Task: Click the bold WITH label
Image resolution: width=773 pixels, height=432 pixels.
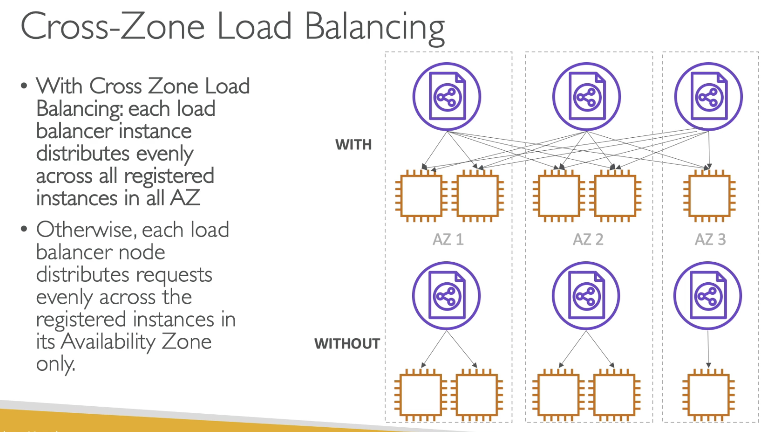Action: pyautogui.click(x=353, y=144)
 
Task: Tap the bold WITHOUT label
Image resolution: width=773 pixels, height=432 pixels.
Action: pyautogui.click(x=347, y=343)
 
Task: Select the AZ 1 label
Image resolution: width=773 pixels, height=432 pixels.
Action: pyautogui.click(x=448, y=239)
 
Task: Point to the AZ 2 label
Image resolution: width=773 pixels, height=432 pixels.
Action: pyautogui.click(x=588, y=239)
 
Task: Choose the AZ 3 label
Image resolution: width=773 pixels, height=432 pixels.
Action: pyautogui.click(x=710, y=239)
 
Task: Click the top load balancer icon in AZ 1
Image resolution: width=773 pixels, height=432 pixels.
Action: pyautogui.click(x=447, y=97)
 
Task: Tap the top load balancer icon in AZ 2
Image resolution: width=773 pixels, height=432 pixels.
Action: pyautogui.click(x=587, y=97)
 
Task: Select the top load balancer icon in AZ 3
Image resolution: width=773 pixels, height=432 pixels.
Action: pyautogui.click(x=708, y=97)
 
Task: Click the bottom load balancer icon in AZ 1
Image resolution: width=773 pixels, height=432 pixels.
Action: pyautogui.click(x=446, y=296)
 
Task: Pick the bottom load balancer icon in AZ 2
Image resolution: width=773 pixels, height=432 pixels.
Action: pyautogui.click(x=586, y=296)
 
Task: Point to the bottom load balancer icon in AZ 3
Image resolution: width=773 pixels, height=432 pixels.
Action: pyautogui.click(x=708, y=296)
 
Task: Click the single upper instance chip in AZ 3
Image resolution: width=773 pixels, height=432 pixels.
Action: pyautogui.click(x=709, y=196)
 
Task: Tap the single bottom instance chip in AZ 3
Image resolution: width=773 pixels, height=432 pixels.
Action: pyautogui.click(x=708, y=395)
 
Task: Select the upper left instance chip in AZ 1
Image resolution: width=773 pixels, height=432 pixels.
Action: pyautogui.click(x=421, y=196)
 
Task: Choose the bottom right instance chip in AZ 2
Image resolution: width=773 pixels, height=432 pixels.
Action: pyautogui.click(x=614, y=395)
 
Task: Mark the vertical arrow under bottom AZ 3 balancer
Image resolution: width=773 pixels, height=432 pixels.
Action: pyautogui.click(x=708, y=348)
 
